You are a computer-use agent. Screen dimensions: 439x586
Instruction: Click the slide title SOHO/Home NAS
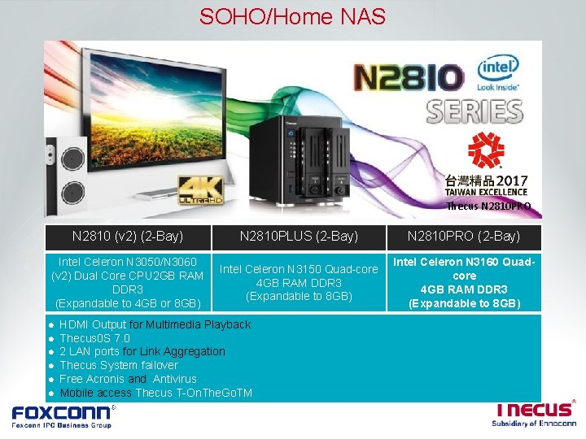click(x=292, y=16)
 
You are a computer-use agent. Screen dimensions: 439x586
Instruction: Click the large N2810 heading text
click(x=408, y=79)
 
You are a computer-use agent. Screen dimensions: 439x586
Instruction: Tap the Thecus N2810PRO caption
click(x=488, y=206)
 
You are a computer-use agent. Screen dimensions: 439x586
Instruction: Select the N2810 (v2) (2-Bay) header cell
click(x=128, y=237)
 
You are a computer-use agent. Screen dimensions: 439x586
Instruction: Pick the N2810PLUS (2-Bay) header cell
click(x=299, y=237)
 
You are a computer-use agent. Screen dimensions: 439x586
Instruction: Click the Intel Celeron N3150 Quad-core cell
click(x=299, y=282)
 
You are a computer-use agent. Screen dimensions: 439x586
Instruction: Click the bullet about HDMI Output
click(x=155, y=324)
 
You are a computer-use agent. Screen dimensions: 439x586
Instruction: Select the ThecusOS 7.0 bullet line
click(x=94, y=338)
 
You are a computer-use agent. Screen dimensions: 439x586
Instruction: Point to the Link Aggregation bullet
click(x=142, y=351)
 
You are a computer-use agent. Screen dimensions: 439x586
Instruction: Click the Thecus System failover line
click(x=119, y=365)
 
